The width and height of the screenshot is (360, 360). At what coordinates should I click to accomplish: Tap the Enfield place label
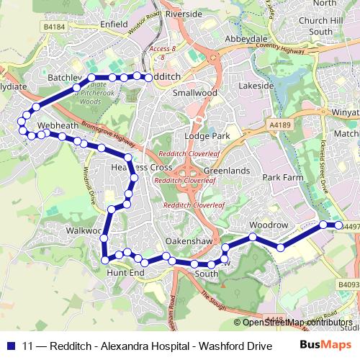[x=114, y=24]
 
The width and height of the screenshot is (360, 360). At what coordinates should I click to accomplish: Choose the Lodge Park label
[x=207, y=135]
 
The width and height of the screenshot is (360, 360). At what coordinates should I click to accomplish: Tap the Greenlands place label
[x=226, y=171]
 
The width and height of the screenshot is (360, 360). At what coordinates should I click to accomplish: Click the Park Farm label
[x=282, y=176]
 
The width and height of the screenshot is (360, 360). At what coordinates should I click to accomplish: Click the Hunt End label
[x=125, y=274]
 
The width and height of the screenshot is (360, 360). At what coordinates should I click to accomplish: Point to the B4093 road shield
[x=348, y=284]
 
